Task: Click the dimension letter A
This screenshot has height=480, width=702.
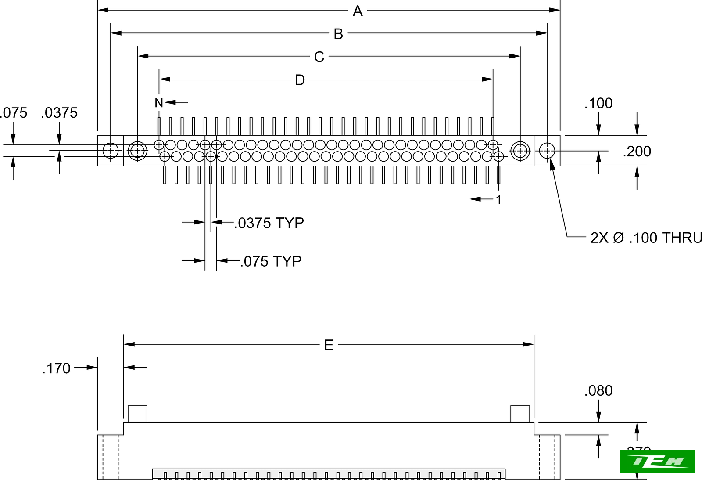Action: pyautogui.click(x=358, y=11)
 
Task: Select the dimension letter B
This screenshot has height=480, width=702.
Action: pyautogui.click(x=338, y=34)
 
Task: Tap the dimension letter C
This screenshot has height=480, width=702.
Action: pyautogui.click(x=319, y=57)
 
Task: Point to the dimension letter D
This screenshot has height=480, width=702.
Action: pyautogui.click(x=300, y=80)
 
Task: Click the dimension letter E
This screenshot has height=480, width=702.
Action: pyautogui.click(x=329, y=345)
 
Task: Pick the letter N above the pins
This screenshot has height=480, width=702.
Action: pyautogui.click(x=159, y=103)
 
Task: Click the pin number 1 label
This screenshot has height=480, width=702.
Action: pyautogui.click(x=498, y=200)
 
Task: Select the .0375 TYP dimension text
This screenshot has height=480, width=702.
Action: pyautogui.click(x=269, y=223)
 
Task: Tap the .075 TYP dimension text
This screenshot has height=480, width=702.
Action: pyautogui.click(x=271, y=261)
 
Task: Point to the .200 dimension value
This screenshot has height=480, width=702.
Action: pyautogui.click(x=637, y=152)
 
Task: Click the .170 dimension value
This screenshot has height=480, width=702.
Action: pyautogui.click(x=56, y=368)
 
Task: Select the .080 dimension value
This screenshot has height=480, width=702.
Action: pyautogui.click(x=598, y=390)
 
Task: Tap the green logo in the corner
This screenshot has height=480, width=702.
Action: pyautogui.click(x=657, y=462)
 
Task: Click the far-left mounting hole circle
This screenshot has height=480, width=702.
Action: pyautogui.click(x=111, y=151)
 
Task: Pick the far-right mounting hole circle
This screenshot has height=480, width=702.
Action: pyautogui.click(x=547, y=151)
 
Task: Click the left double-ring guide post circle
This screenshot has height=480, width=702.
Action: pyautogui.click(x=137, y=151)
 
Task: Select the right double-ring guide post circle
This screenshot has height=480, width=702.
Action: pyautogui.click(x=520, y=151)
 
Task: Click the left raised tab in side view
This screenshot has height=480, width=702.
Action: pyautogui.click(x=137, y=414)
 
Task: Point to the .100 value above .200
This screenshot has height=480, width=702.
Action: pyautogui.click(x=598, y=103)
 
